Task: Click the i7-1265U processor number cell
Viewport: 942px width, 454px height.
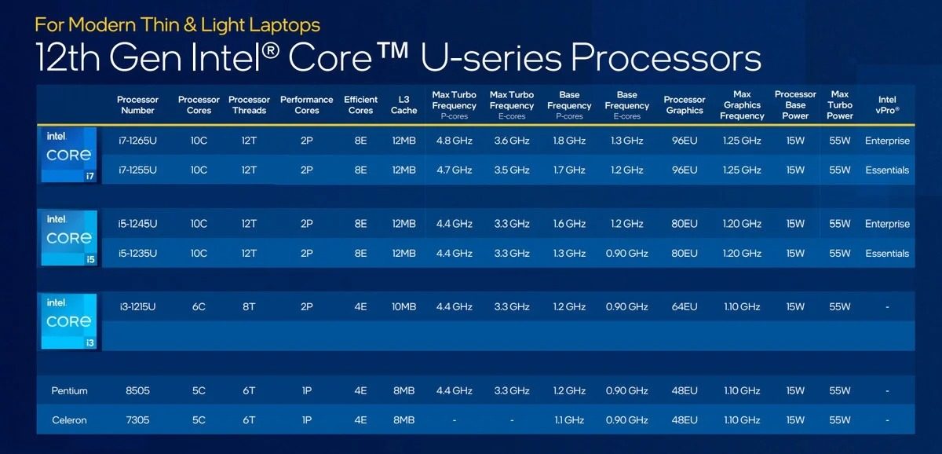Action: [x=137, y=141]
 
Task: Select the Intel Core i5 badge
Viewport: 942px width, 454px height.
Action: [x=69, y=238]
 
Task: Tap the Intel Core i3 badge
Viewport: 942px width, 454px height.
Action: [x=69, y=321]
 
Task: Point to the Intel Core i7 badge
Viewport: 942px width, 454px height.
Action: [x=69, y=155]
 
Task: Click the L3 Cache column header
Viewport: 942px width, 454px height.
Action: [x=403, y=104]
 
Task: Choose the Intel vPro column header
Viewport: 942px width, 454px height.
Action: [x=887, y=104]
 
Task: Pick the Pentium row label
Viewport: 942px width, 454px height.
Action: [x=69, y=391]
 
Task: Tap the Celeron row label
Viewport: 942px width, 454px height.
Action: [x=69, y=420]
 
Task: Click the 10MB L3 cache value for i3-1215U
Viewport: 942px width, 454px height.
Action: [x=403, y=307]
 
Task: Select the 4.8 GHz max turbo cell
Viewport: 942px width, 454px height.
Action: [x=455, y=141]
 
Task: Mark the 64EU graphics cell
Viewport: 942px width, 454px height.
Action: [x=685, y=307]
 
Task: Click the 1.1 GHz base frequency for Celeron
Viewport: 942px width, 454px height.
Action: [x=569, y=420]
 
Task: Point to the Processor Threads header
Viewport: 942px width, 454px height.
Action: [x=249, y=104]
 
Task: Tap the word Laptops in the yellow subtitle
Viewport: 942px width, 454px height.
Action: [x=284, y=25]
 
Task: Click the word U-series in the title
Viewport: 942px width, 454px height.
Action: [x=491, y=57]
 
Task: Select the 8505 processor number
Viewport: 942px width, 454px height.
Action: [x=137, y=391]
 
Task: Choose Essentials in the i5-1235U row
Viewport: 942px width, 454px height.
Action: [x=887, y=253]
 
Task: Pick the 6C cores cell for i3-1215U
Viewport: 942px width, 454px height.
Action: [x=199, y=307]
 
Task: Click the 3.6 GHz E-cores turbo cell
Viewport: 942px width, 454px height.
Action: [x=512, y=141]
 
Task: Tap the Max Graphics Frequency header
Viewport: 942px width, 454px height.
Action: [x=742, y=104]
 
